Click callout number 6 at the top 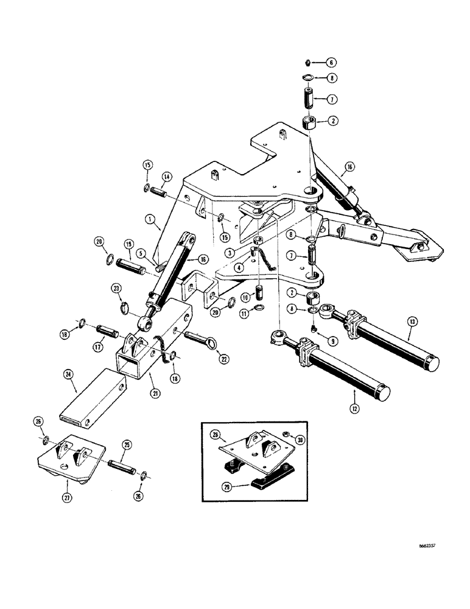pyautogui.click(x=332, y=62)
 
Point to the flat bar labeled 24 pyautogui.click(x=91, y=402)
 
